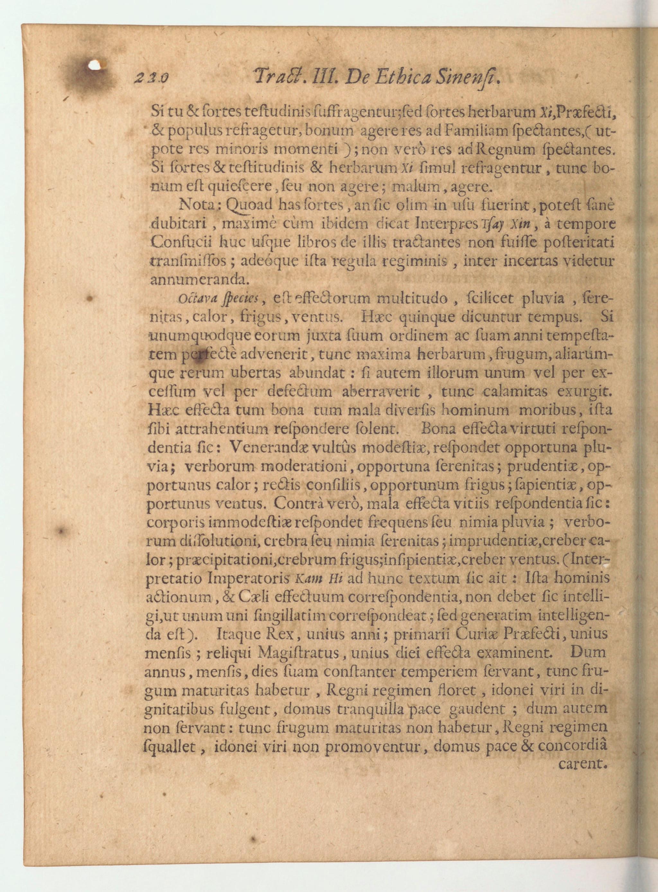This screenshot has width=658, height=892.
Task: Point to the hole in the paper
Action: [x=95, y=65]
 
